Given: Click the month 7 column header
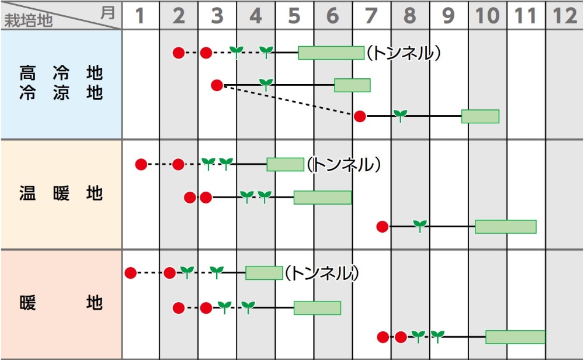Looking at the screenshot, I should pyautogui.click(x=371, y=16).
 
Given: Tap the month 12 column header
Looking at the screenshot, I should pyautogui.click(x=565, y=16).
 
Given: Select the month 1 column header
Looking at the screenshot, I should pyautogui.click(x=140, y=16).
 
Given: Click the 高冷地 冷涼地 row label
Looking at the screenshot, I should pyautogui.click(x=61, y=84).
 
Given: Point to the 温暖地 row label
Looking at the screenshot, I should pyautogui.click(x=61, y=193).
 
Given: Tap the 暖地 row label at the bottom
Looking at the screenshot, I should pyautogui.click(x=61, y=303).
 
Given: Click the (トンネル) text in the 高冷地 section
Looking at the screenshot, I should pyautogui.click(x=404, y=53).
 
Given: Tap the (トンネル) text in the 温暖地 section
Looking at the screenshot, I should pyautogui.click(x=345, y=165).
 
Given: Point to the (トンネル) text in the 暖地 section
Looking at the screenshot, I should pyautogui.click(x=322, y=273).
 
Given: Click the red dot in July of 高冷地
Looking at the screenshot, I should pyautogui.click(x=360, y=116).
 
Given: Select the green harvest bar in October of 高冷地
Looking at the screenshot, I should pyautogui.click(x=480, y=116).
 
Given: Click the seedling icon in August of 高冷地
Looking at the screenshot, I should pyautogui.click(x=400, y=115).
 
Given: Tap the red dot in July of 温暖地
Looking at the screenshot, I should pyautogui.click(x=383, y=227).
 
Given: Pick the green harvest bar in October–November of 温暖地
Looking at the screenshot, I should pyautogui.click(x=506, y=227).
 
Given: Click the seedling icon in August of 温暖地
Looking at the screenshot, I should pyautogui.click(x=420, y=226).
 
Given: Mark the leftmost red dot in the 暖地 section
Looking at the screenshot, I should pyautogui.click(x=130, y=273).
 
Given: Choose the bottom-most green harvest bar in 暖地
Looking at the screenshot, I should pyautogui.click(x=515, y=337).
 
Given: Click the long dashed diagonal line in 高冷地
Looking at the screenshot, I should pyautogui.click(x=289, y=101).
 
